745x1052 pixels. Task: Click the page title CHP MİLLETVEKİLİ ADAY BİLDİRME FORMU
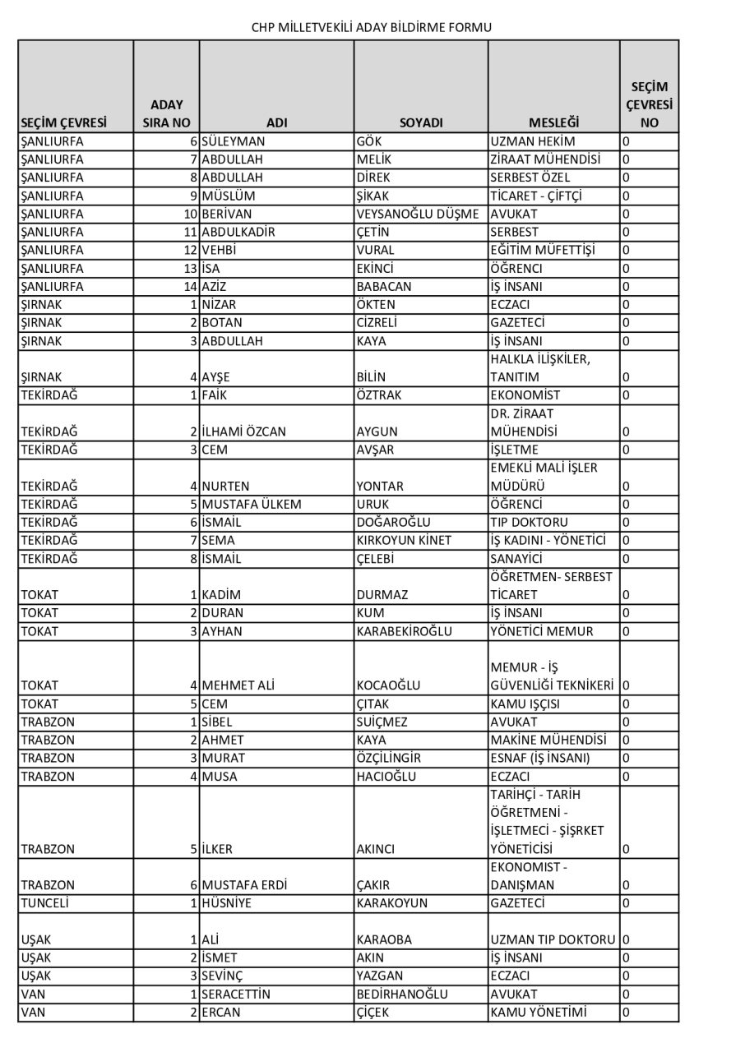point(372,27)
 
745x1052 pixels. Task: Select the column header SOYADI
point(420,122)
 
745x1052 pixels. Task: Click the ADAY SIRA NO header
point(167,113)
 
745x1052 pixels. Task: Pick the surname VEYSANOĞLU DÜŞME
point(418,214)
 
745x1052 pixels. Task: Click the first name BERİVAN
point(227,214)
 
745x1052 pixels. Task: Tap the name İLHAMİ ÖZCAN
point(245,431)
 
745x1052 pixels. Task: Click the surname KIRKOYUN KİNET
point(404,540)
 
